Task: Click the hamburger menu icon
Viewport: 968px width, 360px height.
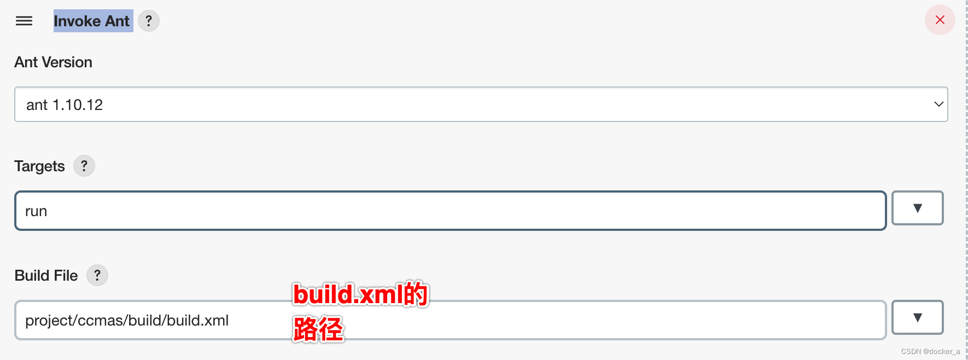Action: click(x=24, y=21)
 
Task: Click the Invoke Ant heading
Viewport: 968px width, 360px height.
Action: click(x=92, y=21)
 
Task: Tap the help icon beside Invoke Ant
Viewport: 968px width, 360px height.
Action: click(x=149, y=21)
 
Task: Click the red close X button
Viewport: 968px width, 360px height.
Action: click(x=940, y=20)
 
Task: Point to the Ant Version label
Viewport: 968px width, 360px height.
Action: click(x=53, y=62)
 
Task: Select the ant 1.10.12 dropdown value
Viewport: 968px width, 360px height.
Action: click(x=65, y=104)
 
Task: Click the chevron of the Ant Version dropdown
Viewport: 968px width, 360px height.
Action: click(x=938, y=104)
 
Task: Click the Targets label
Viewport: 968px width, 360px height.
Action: click(x=39, y=166)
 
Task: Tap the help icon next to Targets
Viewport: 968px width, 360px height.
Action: click(x=84, y=166)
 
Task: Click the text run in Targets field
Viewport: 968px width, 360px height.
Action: click(x=36, y=211)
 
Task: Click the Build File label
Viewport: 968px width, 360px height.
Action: click(x=46, y=275)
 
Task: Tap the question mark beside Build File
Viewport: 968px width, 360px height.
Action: click(x=97, y=275)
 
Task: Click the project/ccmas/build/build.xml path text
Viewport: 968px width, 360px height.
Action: click(x=127, y=321)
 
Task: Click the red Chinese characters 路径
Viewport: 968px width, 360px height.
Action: click(x=318, y=329)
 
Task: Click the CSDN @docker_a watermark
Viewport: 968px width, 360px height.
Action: click(x=930, y=351)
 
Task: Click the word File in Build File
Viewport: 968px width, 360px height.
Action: click(x=66, y=275)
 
